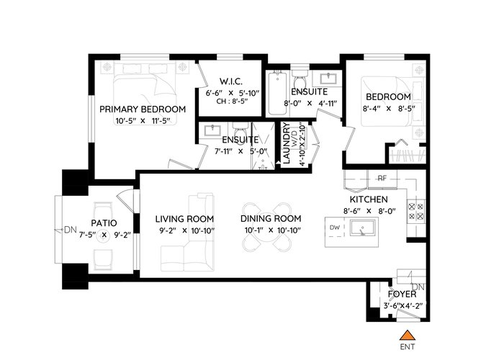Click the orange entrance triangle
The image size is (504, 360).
[x=408, y=335]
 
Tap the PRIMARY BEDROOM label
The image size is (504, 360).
[x=143, y=109]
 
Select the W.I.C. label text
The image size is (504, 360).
[x=231, y=81]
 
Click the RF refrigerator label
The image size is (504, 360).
[x=382, y=178]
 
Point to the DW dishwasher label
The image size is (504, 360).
[x=335, y=228]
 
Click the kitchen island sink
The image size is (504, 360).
[x=363, y=228]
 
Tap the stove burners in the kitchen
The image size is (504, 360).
[x=417, y=212]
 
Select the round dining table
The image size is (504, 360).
[x=266, y=227]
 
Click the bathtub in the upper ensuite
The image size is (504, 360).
[x=277, y=93]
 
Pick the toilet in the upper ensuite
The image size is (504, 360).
[x=300, y=78]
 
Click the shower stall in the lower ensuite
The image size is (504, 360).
[x=263, y=145]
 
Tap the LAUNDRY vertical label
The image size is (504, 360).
[x=285, y=144]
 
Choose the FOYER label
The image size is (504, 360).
[x=402, y=294]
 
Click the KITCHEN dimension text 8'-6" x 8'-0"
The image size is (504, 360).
[x=369, y=211]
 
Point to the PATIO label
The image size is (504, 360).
[x=104, y=223]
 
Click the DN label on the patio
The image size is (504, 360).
[x=71, y=230]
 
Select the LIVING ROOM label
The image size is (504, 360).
[x=184, y=219]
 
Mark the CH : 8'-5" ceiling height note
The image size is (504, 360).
[x=233, y=102]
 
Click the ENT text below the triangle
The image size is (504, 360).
[x=408, y=347]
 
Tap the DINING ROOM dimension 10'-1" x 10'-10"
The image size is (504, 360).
[x=271, y=230]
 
